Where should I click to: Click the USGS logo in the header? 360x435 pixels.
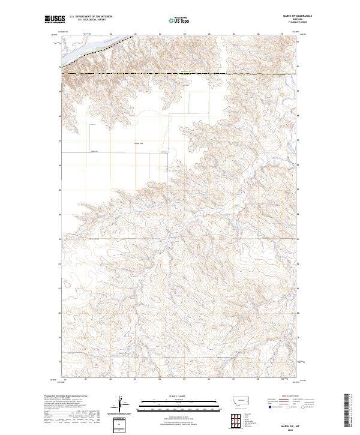(x=55, y=20)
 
